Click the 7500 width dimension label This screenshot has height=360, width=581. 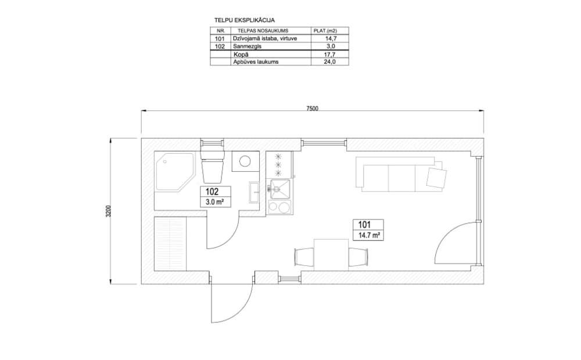pyautogui.click(x=312, y=109)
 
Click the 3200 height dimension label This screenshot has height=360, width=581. pyautogui.click(x=108, y=211)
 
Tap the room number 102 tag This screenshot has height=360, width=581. pyautogui.click(x=212, y=192)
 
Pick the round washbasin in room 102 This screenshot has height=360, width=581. pyautogui.click(x=245, y=161)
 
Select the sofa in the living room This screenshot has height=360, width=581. pyautogui.click(x=400, y=174)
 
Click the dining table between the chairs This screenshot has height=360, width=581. pyautogui.click(x=331, y=255)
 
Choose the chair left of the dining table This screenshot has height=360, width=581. pyautogui.click(x=304, y=257)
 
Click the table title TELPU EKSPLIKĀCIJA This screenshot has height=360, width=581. pyautogui.click(x=245, y=20)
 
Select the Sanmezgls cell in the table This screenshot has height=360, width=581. pyautogui.click(x=247, y=46)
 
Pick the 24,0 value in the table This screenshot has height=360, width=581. pyautogui.click(x=329, y=62)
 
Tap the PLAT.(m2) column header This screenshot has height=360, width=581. pyautogui.click(x=325, y=31)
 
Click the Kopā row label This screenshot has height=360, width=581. pyautogui.click(x=241, y=55)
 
